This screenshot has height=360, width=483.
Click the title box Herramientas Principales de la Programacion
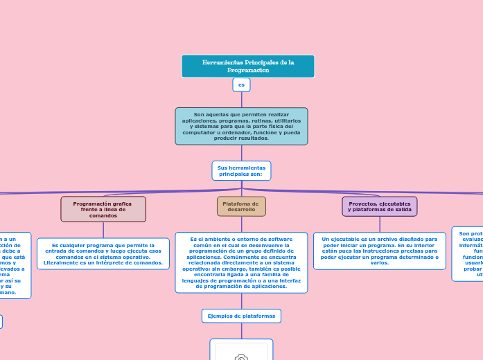click(x=247, y=66)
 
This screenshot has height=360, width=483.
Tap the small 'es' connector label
click(x=241, y=85)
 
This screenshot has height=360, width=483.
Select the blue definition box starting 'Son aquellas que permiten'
click(x=241, y=126)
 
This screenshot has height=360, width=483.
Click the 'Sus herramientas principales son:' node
click(x=241, y=171)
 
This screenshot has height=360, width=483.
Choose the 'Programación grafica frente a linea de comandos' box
click(x=103, y=209)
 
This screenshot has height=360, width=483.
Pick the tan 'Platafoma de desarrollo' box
click(x=241, y=206)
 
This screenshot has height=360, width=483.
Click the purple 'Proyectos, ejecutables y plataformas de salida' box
click(x=380, y=206)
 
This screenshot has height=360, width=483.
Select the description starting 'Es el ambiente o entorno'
click(x=241, y=262)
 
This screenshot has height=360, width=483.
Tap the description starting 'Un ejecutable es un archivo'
click(x=380, y=251)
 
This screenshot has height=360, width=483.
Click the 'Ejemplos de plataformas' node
click(x=241, y=316)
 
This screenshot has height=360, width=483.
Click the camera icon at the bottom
click(x=241, y=356)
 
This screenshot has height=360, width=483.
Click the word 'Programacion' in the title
click(x=247, y=71)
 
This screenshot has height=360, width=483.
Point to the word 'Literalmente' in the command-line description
click(x=62, y=263)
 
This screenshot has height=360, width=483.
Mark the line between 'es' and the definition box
click(x=241, y=100)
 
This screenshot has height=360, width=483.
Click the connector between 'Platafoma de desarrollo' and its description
click(x=241, y=224)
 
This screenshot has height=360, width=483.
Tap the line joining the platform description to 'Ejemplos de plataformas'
click(x=241, y=300)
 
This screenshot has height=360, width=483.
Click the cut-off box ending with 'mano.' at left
click(x=14, y=265)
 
